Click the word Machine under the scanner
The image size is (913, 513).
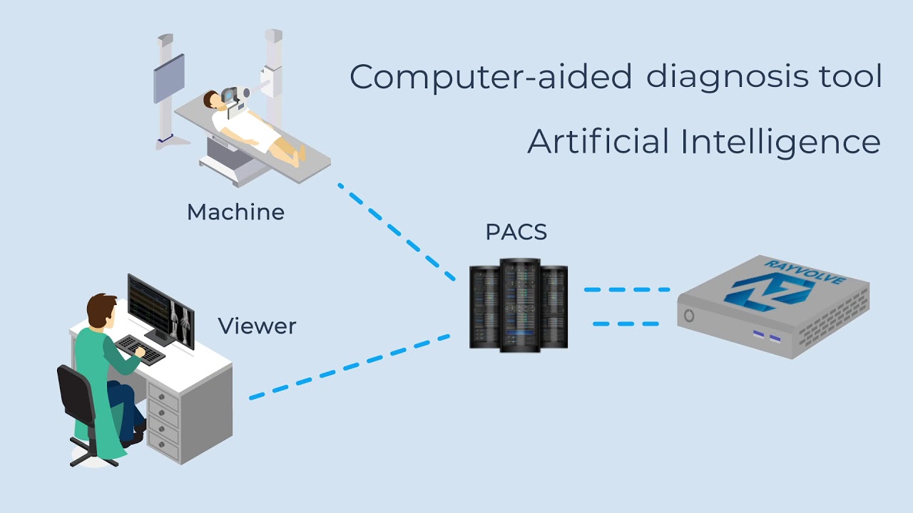pos(235,212)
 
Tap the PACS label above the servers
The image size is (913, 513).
pos(516,232)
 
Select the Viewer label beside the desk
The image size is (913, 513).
pos(257,326)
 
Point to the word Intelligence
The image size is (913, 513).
pos(780,142)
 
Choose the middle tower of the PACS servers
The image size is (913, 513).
pos(519,305)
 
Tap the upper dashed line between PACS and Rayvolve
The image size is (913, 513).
pos(627,290)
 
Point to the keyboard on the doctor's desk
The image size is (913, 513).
pos(139,348)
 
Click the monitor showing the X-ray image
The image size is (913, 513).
pos(160,309)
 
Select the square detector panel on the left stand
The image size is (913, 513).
pos(169,78)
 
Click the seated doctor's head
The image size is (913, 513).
pos(102,311)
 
